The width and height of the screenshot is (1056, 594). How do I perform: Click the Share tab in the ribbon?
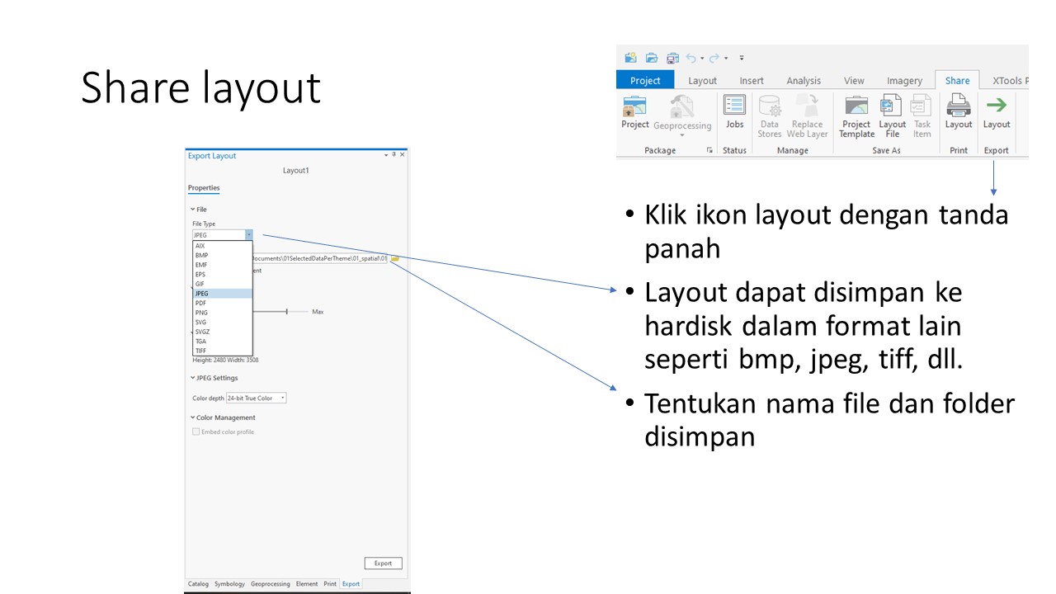point(957,80)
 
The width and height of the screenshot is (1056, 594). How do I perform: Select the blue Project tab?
point(645,80)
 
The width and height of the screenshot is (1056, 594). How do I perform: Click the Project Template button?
point(856,115)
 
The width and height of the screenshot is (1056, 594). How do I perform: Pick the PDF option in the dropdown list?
point(200,303)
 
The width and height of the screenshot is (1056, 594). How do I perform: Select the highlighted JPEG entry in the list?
point(202,293)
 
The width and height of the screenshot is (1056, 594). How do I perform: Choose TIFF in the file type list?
point(200,351)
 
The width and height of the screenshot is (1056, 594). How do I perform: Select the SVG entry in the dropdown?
point(200,322)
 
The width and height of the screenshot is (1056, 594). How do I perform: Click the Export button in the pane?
point(383,563)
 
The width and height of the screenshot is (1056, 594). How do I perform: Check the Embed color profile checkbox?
point(196,431)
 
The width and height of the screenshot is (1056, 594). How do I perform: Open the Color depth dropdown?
point(256,398)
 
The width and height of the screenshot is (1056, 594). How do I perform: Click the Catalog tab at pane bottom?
point(198,584)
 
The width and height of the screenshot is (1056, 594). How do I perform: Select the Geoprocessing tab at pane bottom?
point(270,584)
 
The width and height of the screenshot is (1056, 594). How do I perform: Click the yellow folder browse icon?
point(395,258)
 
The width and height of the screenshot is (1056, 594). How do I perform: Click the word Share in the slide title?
point(130,87)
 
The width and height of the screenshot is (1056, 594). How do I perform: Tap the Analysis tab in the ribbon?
point(803,81)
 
